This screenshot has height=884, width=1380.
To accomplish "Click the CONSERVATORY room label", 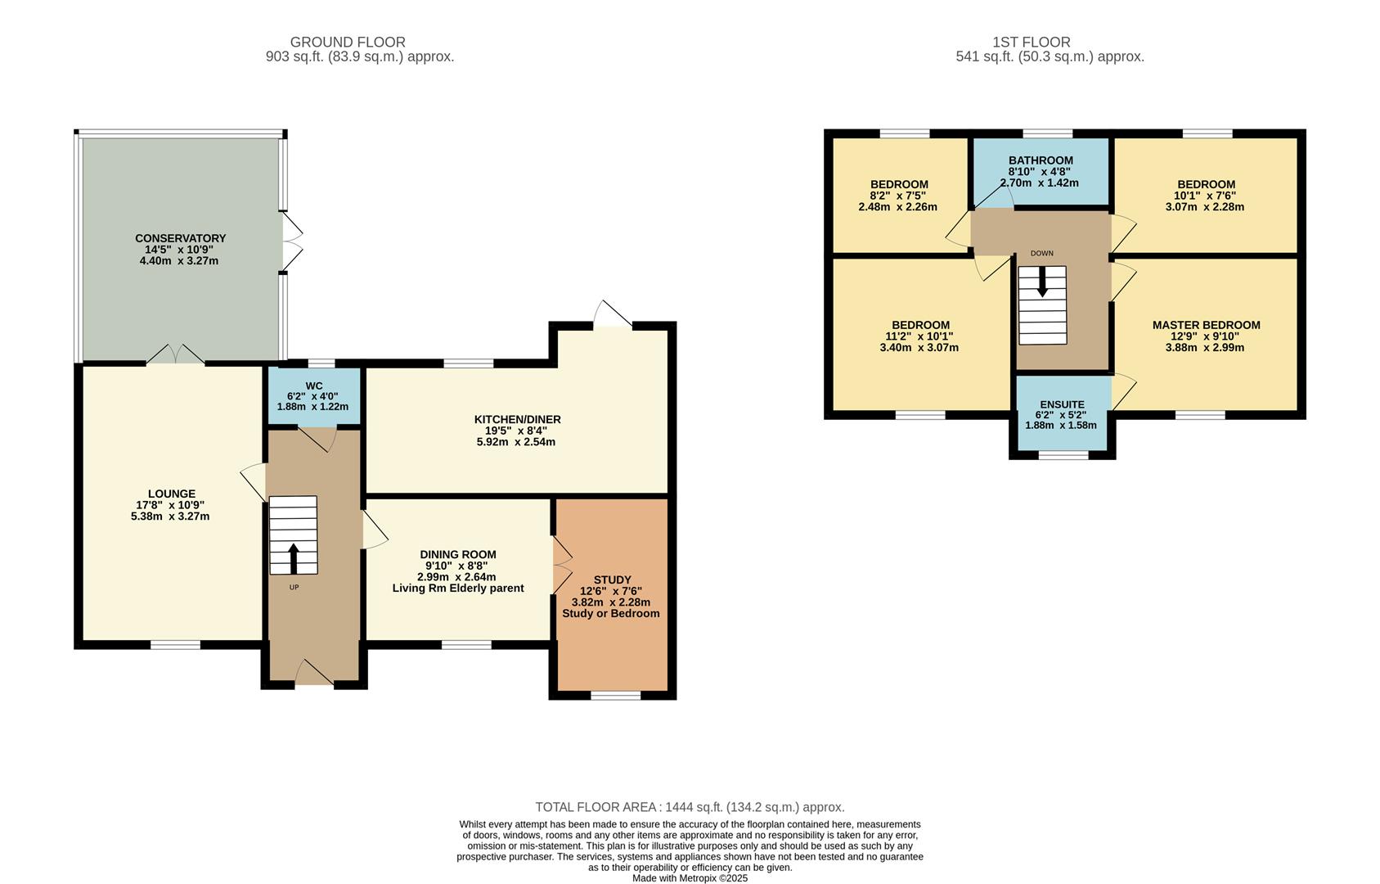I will coord(180,238).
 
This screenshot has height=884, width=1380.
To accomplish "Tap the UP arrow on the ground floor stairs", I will coord(294,558).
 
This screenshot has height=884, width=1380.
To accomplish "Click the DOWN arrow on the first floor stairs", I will coord(1042,282).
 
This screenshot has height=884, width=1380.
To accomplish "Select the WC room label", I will coord(314,386).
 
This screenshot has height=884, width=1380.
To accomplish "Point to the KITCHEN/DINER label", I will coord(517,419).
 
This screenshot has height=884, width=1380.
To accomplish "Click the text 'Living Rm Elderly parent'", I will coord(457,588).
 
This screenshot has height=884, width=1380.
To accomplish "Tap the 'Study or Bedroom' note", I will coord(610,613).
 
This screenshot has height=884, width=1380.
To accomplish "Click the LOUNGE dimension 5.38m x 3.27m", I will coord(170,516).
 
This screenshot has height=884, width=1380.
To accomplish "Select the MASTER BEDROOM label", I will coord(1206,325).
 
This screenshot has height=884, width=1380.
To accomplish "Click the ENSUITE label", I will coord(1062,404).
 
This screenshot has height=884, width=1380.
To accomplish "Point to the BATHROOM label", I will coord(1041,160).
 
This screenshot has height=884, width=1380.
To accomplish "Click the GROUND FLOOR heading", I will coord(348,42).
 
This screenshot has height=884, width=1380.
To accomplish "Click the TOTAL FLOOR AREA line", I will coord(690,807).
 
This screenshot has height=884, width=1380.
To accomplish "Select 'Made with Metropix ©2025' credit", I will coord(690,878).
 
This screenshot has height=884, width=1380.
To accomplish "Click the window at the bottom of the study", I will coord(616,696).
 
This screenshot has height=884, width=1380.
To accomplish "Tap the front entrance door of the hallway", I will coord(313,674).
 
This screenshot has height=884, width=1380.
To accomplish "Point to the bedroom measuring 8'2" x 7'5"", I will coord(898,196).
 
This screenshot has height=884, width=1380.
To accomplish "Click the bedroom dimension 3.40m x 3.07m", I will coord(920,347).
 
